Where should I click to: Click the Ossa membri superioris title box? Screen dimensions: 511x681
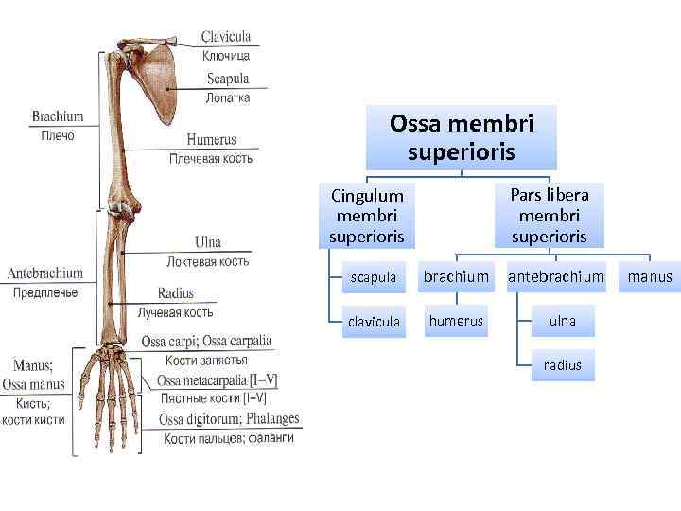pyautogui.click(x=462, y=137)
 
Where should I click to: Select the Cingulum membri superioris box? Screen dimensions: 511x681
pyautogui.click(x=366, y=215)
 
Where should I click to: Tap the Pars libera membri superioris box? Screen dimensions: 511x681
pyautogui.click(x=549, y=215)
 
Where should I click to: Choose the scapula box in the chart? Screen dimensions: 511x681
pyautogui.click(x=374, y=277)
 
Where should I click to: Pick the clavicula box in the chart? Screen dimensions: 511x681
pyautogui.click(x=374, y=322)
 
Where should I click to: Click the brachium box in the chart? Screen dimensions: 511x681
pyautogui.click(x=456, y=277)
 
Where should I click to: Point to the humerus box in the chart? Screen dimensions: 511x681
pyautogui.click(x=456, y=321)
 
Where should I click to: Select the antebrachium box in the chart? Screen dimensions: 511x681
pyautogui.click(x=556, y=277)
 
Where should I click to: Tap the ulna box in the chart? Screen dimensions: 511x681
pyautogui.click(x=562, y=321)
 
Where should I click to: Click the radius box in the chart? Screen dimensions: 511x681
pyautogui.click(x=562, y=364)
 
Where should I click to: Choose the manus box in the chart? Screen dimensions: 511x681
pyautogui.click(x=649, y=277)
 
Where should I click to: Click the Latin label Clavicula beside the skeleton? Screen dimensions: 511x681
pyautogui.click(x=226, y=37)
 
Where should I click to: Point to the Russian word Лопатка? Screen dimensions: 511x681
pyautogui.click(x=228, y=97)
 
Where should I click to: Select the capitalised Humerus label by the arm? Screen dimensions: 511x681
pyautogui.click(x=211, y=140)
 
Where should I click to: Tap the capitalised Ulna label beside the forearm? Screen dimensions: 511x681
pyautogui.click(x=208, y=242)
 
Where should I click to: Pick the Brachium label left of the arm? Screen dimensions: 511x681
pyautogui.click(x=58, y=117)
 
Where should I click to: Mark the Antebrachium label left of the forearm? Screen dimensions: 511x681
pyautogui.click(x=45, y=273)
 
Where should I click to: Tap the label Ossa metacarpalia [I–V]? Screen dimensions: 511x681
pyautogui.click(x=218, y=380)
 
